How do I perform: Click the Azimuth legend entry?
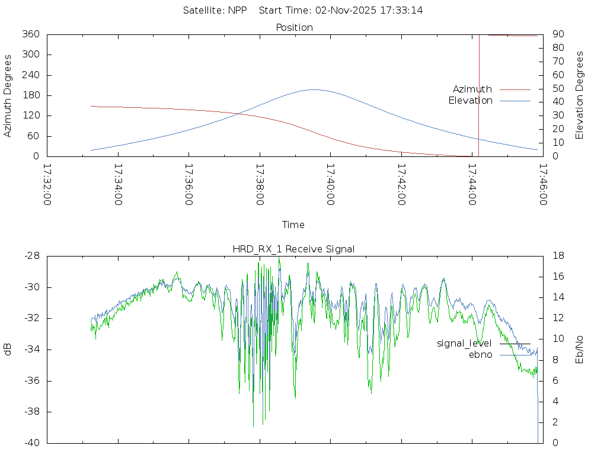472,89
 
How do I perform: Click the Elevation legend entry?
470,101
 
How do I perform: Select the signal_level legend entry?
464,344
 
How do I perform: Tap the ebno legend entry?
481,355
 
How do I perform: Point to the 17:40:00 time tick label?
330,184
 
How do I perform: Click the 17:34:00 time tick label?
118,184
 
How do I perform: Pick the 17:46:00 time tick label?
542,184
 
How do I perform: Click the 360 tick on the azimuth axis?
30,34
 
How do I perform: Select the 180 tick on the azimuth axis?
30,95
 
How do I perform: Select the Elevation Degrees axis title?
580,95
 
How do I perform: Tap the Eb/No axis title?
580,350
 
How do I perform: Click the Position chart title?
295,27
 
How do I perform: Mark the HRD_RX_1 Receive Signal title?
293,249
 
